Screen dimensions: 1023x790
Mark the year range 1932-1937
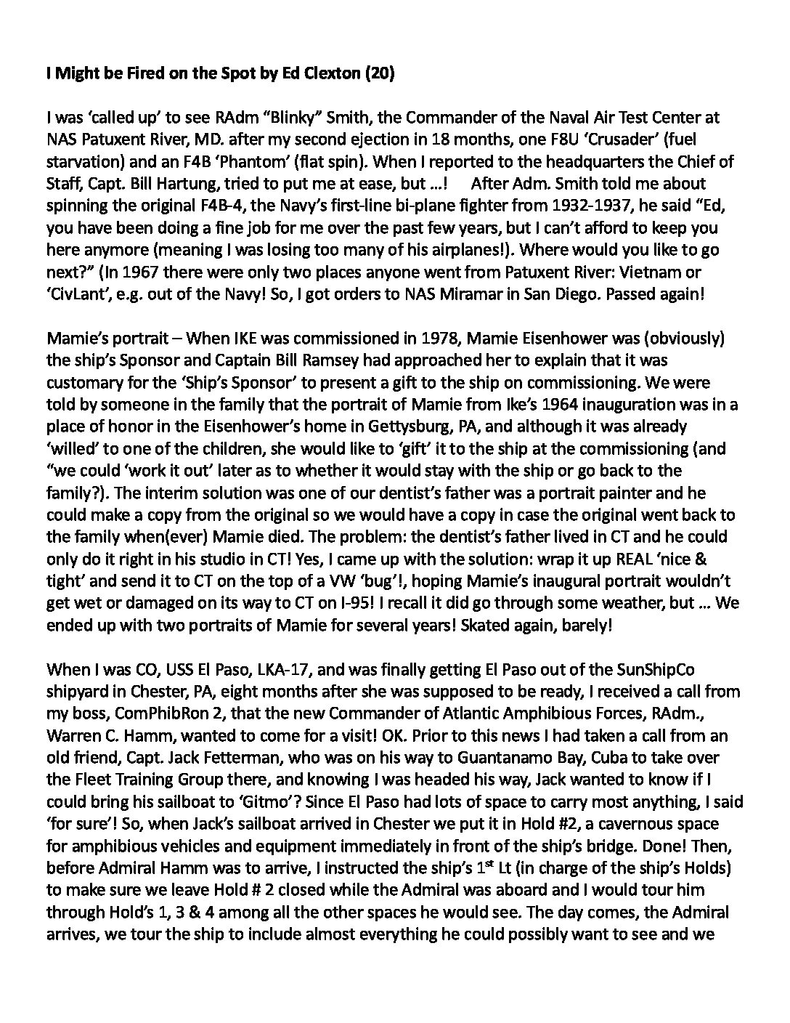518,205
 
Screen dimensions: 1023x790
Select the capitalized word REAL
614,559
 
